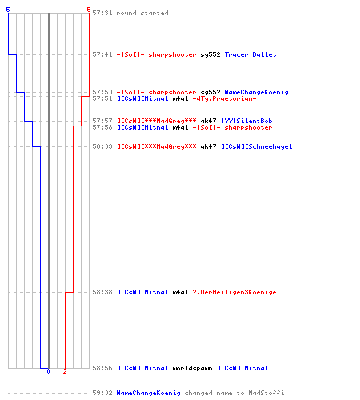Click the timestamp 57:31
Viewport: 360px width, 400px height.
click(102, 13)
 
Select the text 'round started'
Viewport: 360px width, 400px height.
click(142, 13)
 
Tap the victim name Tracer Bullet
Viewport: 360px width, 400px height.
click(250, 54)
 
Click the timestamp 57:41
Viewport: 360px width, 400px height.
click(102, 54)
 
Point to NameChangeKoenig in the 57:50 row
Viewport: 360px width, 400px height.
click(256, 92)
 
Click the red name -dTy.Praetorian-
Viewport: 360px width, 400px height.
click(224, 98)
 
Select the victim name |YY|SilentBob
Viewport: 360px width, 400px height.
click(247, 121)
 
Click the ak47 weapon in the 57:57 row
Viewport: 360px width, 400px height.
click(208, 121)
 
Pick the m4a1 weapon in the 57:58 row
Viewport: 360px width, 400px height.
click(180, 127)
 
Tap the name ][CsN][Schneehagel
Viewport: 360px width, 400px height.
click(257, 146)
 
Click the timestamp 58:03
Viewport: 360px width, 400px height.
click(102, 146)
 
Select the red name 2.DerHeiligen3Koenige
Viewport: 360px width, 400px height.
click(234, 292)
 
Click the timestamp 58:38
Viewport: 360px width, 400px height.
click(102, 292)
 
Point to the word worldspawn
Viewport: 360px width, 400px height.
click(192, 368)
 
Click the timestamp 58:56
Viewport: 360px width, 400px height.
click(102, 368)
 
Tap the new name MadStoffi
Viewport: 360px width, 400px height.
click(266, 393)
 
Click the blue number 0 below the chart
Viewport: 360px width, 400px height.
click(48, 371)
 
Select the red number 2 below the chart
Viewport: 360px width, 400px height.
click(65, 371)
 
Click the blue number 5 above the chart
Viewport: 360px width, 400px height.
click(8, 10)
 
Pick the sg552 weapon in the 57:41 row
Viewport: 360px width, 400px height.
click(210, 54)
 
